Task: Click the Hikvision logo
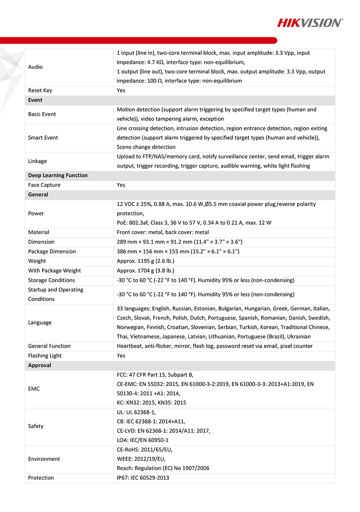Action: tap(310, 23)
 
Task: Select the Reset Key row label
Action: tap(40, 90)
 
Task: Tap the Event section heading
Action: tap(35, 100)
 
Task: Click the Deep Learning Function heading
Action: tap(58, 175)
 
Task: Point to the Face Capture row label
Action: tap(44, 185)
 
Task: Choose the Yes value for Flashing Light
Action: tap(121, 356)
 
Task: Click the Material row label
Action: tap(38, 232)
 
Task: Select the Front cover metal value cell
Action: tap(163, 232)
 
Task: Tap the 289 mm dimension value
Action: tap(180, 242)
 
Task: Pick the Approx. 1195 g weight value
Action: tap(146, 261)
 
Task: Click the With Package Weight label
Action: tap(54, 270)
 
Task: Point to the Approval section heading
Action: tap(40, 365)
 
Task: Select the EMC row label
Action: tap(34, 389)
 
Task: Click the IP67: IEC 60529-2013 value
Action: tap(143, 478)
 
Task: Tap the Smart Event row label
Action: tap(43, 138)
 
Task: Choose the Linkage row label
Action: tap(37, 161)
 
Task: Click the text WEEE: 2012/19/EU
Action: tap(141, 459)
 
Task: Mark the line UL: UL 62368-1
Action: tap(136, 412)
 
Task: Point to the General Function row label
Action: tap(49, 346)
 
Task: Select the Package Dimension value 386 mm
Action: tap(178, 251)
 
